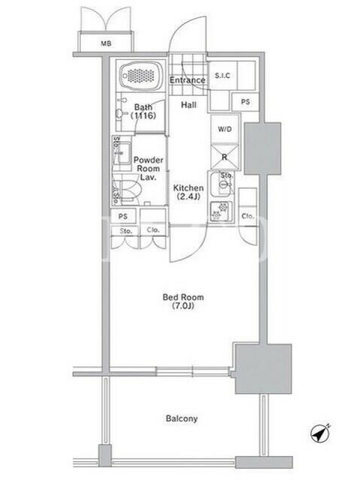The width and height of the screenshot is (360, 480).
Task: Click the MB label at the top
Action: click(106, 43)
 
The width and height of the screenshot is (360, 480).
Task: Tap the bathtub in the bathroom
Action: click(141, 76)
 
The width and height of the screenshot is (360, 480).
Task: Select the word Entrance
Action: click(187, 80)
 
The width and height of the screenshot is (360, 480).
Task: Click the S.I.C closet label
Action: click(223, 76)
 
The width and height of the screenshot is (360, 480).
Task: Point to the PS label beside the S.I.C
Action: click(245, 101)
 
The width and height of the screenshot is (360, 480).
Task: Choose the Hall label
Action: click(188, 105)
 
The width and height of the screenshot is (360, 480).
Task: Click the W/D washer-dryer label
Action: click(224, 129)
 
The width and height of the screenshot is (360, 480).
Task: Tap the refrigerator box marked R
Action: click(224, 157)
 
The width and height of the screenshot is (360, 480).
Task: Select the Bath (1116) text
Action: click(143, 112)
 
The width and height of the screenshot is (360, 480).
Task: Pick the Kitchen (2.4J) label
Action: click(188, 192)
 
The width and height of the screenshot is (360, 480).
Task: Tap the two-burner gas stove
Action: click(221, 212)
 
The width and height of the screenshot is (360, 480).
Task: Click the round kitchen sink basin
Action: click(224, 185)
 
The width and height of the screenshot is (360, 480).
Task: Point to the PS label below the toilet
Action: click(123, 217)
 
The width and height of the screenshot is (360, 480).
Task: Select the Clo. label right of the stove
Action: click(248, 216)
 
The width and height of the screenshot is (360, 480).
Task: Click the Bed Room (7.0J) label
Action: click(183, 301)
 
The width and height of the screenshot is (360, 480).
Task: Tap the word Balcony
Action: click(182, 418)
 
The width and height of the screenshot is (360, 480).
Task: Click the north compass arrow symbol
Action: click(320, 433)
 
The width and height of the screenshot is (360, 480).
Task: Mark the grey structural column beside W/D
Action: click(262, 149)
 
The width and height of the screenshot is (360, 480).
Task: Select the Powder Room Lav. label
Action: click(148, 169)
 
